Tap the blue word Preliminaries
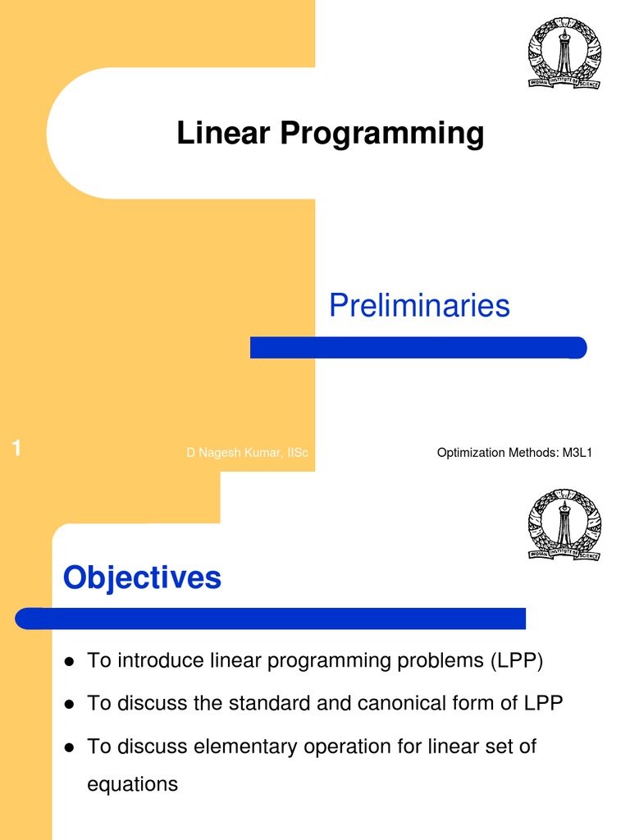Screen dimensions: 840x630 coord(419,306)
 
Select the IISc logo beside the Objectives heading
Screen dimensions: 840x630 coord(564,525)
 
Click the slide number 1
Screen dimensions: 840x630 coord(16,448)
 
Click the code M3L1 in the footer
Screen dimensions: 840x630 coord(577,452)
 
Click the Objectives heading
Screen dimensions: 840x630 coord(142,577)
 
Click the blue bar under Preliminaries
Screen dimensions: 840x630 coord(418,348)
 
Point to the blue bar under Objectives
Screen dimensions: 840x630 coord(271,619)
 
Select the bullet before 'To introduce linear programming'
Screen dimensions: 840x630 coord(70,661)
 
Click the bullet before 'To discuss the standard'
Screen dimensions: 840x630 coord(70,704)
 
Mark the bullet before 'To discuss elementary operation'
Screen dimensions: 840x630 coord(70,747)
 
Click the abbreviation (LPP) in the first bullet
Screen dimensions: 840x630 coord(517,660)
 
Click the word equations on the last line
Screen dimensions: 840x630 coord(132,784)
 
